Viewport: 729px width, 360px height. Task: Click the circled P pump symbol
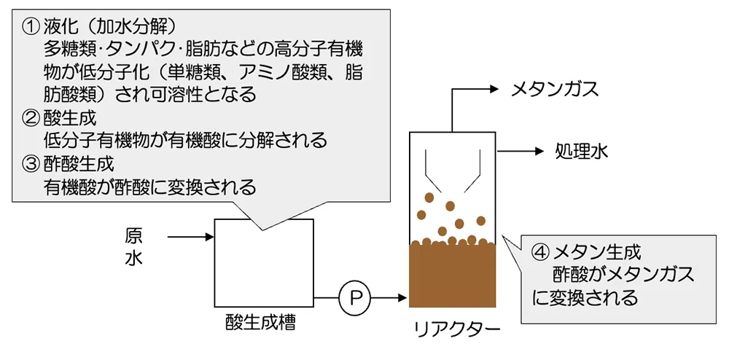[355, 297]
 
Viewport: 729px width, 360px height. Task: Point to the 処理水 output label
[580, 152]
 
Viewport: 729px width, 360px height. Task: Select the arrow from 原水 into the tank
[190, 236]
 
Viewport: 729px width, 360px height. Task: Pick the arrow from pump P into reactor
[390, 297]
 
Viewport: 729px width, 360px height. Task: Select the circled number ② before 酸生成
[33, 117]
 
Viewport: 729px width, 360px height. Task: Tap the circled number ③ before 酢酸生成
[33, 163]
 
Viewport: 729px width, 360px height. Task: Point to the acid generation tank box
[264, 262]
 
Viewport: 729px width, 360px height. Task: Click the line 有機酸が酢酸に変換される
[149, 187]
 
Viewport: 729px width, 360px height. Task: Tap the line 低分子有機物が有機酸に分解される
[185, 139]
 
